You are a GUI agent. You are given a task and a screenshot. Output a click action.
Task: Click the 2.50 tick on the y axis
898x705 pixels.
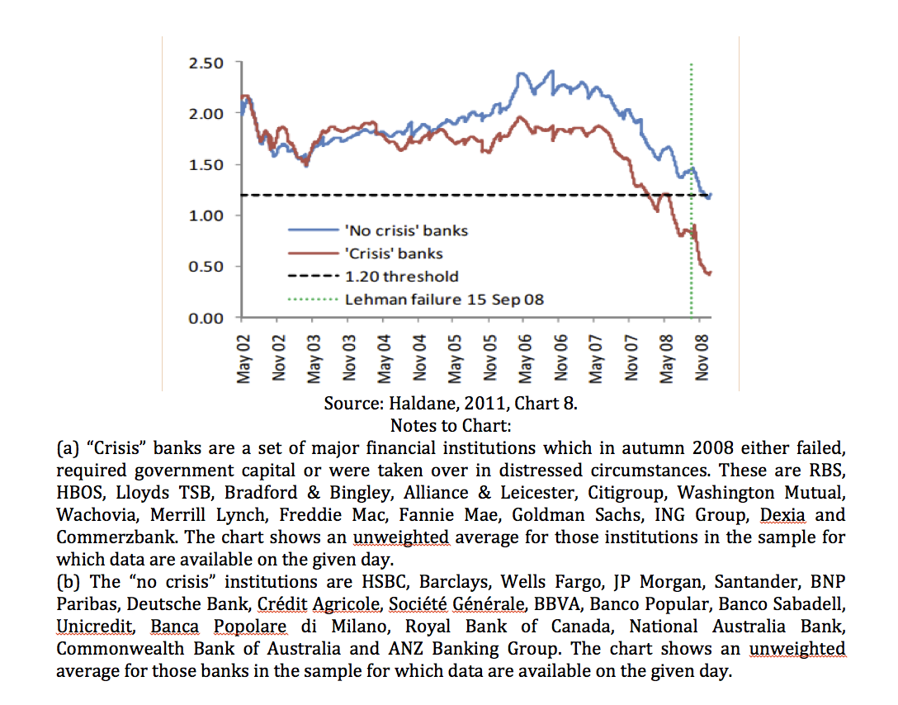[x=206, y=63]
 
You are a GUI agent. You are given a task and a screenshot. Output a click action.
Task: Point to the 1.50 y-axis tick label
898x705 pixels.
[x=206, y=165]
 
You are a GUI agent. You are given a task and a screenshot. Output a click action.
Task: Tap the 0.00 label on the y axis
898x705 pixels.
[x=206, y=318]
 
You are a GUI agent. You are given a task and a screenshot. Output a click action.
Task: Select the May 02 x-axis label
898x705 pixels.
[x=244, y=358]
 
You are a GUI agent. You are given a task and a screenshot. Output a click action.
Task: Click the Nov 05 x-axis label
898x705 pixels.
[x=490, y=358]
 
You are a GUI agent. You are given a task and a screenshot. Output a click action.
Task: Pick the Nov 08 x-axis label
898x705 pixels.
[x=702, y=358]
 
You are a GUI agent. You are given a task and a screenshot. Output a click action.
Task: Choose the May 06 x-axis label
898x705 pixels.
[x=526, y=358]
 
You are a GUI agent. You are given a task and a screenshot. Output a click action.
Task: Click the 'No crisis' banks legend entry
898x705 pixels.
[x=378, y=230]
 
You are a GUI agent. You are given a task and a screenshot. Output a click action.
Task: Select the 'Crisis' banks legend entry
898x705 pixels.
[x=366, y=253]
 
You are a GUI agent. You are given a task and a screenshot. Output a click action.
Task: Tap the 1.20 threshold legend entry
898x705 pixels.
[x=373, y=276]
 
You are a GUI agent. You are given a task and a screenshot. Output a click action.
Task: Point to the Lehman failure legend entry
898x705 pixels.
[x=416, y=299]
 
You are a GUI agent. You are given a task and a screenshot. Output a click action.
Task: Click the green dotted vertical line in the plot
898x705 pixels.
[x=692, y=190]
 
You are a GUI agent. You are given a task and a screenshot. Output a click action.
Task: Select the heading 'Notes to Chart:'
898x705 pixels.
[x=451, y=426]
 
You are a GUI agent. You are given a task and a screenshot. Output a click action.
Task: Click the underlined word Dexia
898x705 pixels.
[x=782, y=515]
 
